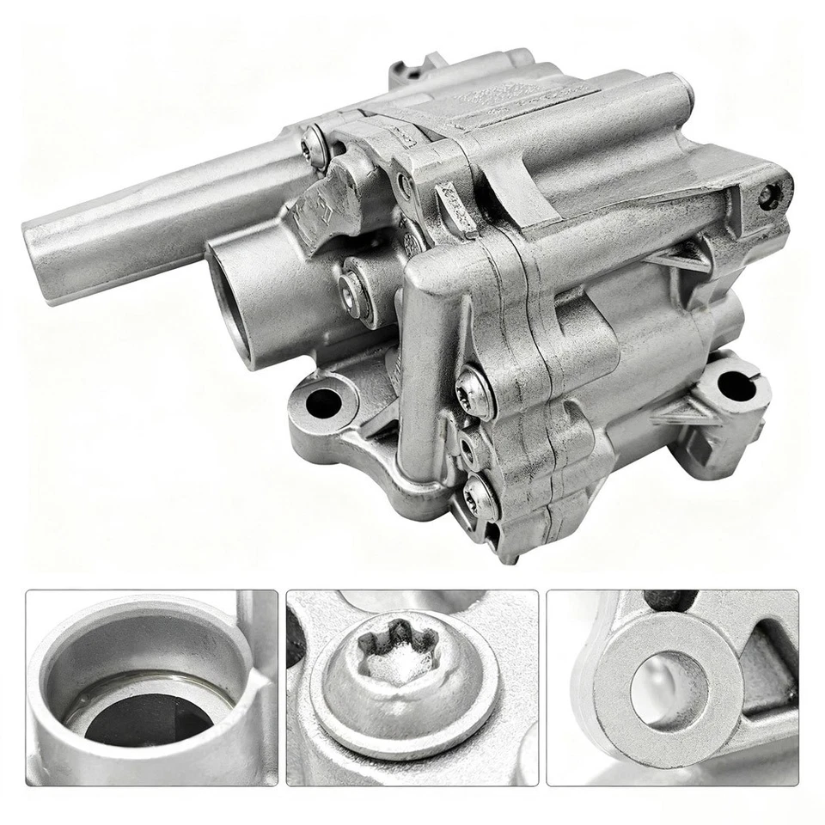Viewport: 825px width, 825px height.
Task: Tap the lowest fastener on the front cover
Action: pyautogui.click(x=479, y=496)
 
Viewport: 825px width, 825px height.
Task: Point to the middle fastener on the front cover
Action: pyautogui.click(x=468, y=444)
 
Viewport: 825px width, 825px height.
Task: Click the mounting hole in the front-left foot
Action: pyautogui.click(x=324, y=402)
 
